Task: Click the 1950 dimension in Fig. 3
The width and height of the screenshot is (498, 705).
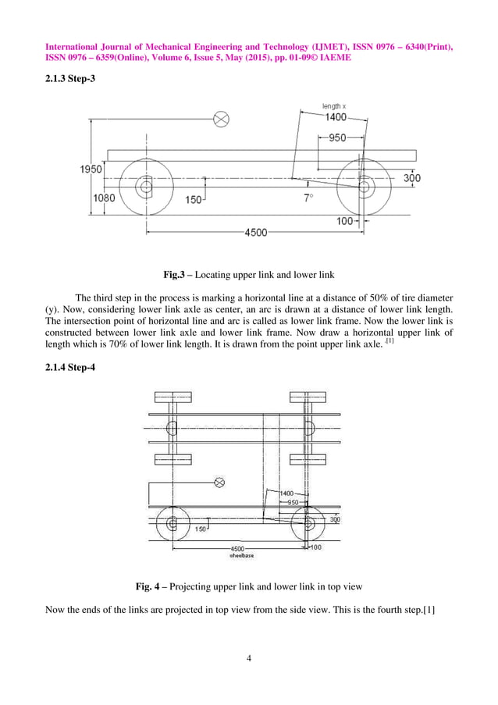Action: [x=91, y=169]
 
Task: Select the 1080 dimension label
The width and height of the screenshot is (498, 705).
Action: [x=104, y=198]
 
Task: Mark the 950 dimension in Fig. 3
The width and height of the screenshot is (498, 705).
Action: [x=336, y=138]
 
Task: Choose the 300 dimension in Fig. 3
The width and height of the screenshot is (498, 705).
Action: [x=411, y=178]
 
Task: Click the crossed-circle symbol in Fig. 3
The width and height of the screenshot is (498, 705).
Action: [x=222, y=119]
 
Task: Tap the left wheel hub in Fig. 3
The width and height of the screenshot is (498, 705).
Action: [x=145, y=187]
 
